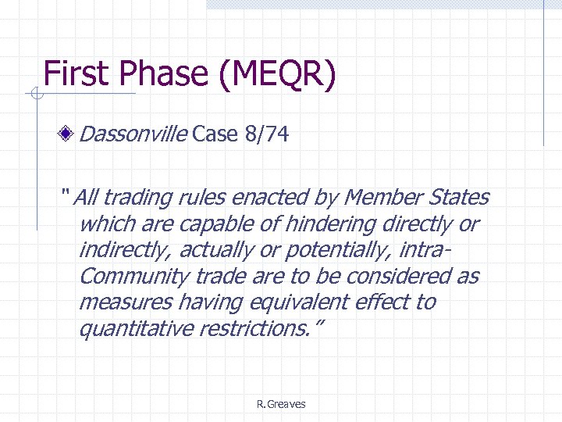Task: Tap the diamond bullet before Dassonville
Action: click(69, 135)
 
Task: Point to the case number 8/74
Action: click(265, 135)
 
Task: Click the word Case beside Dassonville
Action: click(215, 135)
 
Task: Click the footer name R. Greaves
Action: click(281, 404)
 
